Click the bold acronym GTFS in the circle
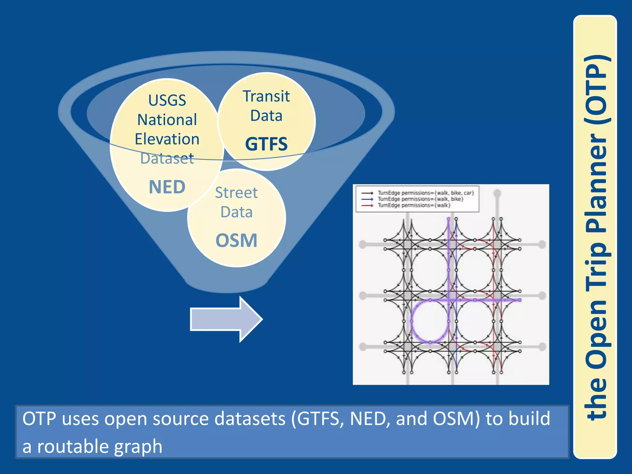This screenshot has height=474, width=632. [x=266, y=144]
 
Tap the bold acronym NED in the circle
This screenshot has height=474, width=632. [x=167, y=187]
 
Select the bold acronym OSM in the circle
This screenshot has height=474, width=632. [x=236, y=241]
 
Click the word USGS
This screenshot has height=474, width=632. [x=167, y=100]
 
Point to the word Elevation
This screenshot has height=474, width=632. [x=167, y=139]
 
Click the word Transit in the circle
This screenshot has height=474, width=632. [x=266, y=96]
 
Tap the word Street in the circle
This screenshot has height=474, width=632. [x=236, y=193]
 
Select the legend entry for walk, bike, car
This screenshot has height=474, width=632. [x=426, y=193]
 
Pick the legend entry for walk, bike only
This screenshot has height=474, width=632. [x=420, y=199]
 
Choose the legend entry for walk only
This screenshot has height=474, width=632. [x=414, y=205]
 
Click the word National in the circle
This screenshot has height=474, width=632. [x=167, y=120]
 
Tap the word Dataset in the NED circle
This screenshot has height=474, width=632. [x=167, y=159]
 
